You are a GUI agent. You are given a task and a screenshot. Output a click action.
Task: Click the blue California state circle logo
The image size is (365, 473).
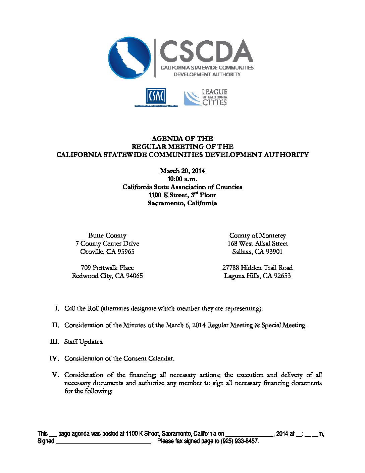[129, 58]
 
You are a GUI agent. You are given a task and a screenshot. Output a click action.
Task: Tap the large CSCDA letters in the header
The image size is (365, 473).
[206, 51]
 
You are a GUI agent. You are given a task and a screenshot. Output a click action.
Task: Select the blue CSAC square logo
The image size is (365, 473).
[156, 96]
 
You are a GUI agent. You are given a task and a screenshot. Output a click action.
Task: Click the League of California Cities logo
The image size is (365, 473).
[206, 97]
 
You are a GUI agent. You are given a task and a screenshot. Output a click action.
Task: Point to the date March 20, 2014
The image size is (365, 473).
[182, 171]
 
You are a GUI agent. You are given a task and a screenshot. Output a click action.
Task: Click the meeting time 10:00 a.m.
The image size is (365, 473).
[182, 179]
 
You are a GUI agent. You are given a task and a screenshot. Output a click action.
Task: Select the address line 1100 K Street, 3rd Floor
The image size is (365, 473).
[182, 195]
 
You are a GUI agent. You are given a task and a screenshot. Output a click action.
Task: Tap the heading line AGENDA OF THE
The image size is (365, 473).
[182, 138]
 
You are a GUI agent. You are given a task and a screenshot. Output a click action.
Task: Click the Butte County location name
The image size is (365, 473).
[107, 235]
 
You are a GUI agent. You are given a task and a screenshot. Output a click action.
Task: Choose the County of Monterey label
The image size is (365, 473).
[257, 235]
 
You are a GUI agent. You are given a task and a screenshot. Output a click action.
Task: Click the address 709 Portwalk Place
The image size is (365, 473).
[107, 268]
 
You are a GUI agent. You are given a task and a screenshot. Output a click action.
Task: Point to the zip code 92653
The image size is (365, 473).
[281, 276]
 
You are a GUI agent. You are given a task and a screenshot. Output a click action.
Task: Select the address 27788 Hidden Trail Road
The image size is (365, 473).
[257, 268]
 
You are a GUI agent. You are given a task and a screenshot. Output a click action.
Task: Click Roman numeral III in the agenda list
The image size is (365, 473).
[54, 342]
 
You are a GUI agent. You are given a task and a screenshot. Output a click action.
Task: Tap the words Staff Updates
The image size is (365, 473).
[84, 342]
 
